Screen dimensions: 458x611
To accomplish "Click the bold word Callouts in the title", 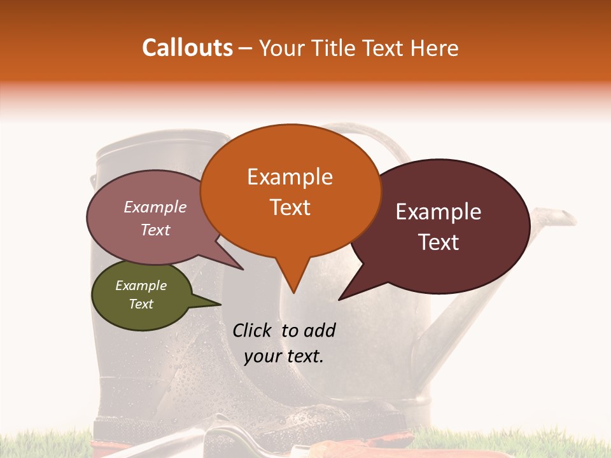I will pos(187,48).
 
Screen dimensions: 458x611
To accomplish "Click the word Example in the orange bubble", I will pos(290,177).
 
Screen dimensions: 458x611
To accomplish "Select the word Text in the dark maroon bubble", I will pos(439,242).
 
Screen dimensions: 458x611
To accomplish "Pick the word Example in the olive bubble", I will pos(141,286).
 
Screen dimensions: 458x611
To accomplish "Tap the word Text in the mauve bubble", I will pos(155,230).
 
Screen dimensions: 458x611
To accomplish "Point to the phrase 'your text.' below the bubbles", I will pos(284,356).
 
